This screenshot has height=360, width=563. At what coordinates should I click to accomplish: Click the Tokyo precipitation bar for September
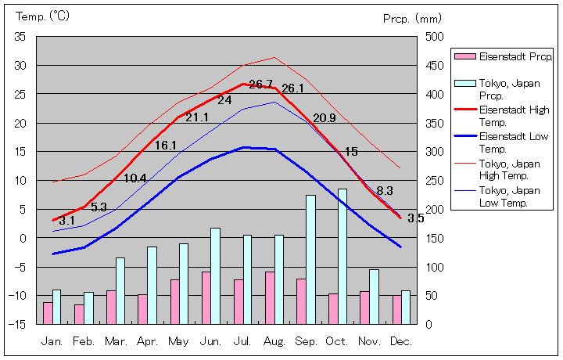click(x=310, y=259)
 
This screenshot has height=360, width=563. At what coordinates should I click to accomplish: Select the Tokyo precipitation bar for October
click(x=342, y=256)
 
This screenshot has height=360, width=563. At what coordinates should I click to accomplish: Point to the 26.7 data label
click(x=260, y=85)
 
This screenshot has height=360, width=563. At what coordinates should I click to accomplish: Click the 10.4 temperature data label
click(x=135, y=178)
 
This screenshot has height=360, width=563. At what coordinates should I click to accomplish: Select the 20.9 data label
click(x=324, y=118)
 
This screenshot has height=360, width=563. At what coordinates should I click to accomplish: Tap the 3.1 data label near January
click(x=66, y=221)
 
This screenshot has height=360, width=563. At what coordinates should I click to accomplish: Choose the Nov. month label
click(x=368, y=342)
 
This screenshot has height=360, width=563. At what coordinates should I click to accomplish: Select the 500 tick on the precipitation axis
click(x=435, y=37)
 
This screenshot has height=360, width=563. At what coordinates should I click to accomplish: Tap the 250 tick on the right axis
click(x=435, y=180)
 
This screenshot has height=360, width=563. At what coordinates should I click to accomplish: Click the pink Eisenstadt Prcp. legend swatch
click(x=465, y=57)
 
